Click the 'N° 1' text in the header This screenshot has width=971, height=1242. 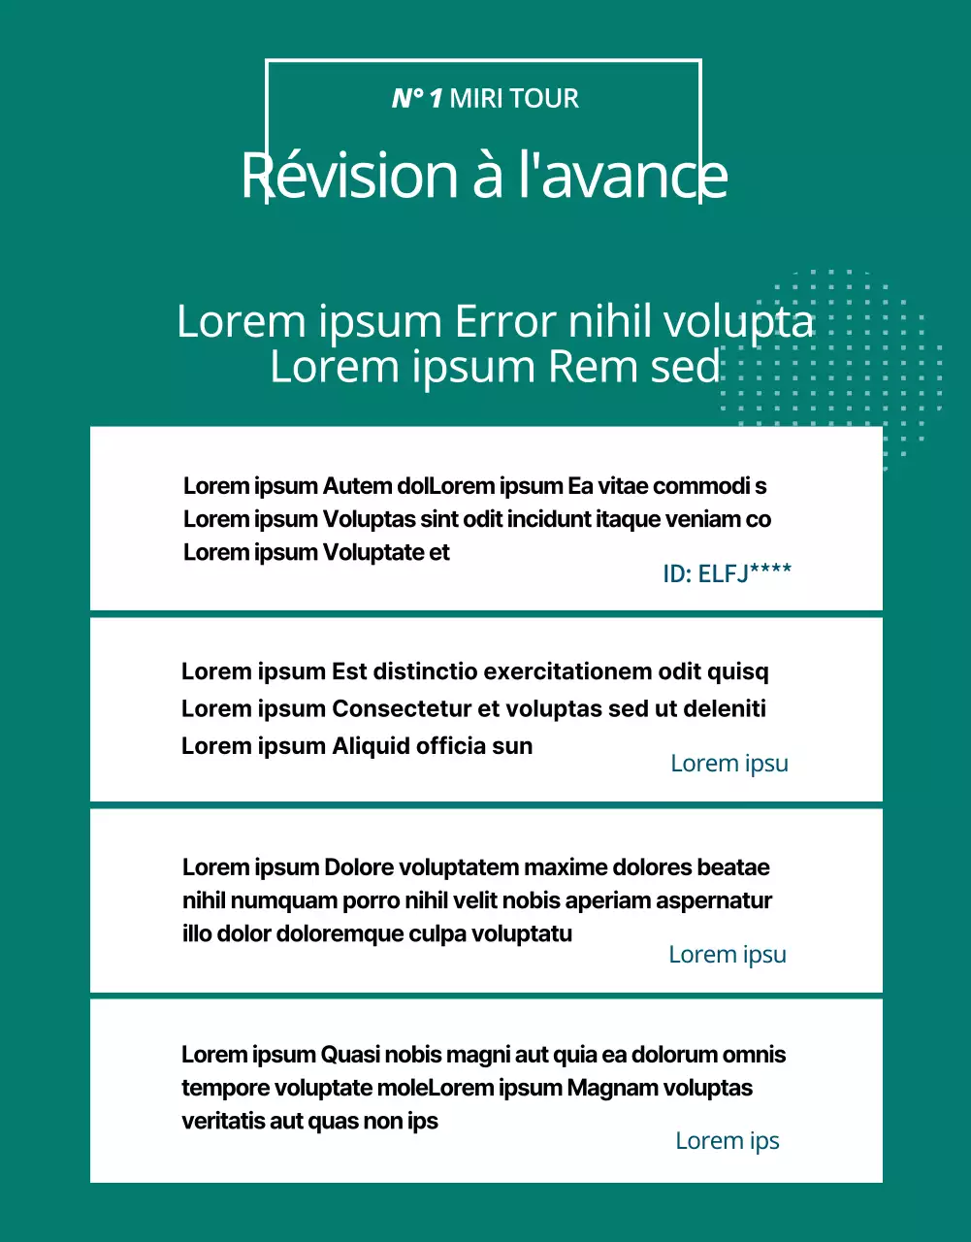417,98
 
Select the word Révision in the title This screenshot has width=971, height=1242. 348,176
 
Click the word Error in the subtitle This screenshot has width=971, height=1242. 506,322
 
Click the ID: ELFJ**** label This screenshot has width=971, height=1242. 727,573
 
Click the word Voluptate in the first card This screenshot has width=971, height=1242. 373,552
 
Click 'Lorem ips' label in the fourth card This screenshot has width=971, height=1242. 727,1141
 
